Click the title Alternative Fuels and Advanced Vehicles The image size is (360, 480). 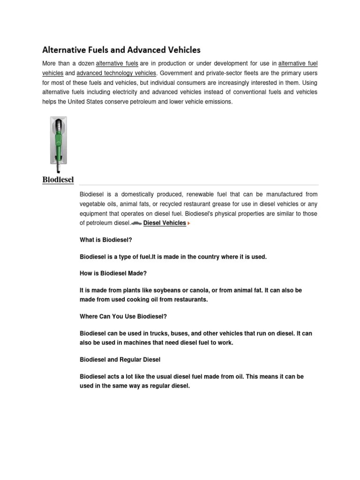(x=121, y=49)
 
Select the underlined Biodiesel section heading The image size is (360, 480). (x=58, y=180)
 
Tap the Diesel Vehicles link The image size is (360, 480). (x=165, y=223)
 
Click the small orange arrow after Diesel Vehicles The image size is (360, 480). (x=189, y=224)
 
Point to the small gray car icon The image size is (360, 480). (x=136, y=224)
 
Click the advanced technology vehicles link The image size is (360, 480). (x=116, y=73)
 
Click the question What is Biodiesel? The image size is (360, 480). (x=106, y=240)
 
